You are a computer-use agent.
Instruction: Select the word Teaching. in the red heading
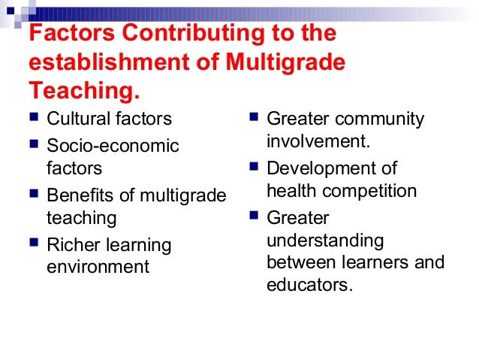coord(84,90)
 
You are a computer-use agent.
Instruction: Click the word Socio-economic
coord(113,146)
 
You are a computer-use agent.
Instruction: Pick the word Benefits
coord(79,195)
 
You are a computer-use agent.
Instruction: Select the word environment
coord(98,267)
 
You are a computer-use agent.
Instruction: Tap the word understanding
coord(325,241)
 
